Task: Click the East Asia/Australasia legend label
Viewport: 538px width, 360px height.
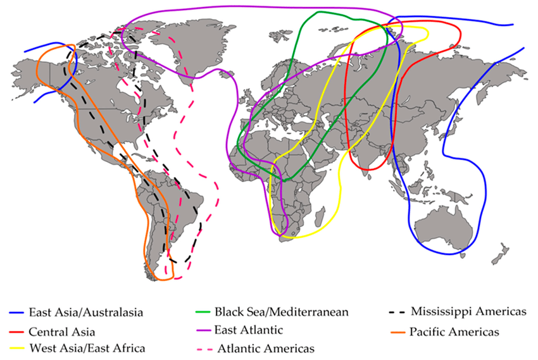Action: pos(84,312)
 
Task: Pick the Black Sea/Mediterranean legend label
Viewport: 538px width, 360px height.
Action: pos(281,312)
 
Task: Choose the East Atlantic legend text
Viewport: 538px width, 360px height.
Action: pos(248,329)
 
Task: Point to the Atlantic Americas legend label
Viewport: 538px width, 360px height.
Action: pos(266,347)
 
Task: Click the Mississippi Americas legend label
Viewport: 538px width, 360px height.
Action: pos(468,312)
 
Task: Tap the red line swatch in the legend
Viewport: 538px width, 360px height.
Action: pos(17,331)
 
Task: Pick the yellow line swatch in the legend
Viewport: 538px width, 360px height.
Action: pos(17,348)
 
